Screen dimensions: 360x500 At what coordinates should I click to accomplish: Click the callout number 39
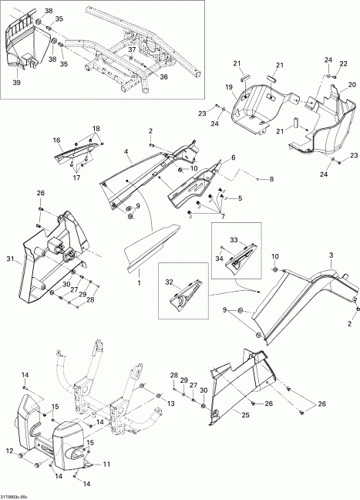tap(16, 83)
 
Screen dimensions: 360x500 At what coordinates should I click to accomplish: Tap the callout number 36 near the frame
tap(163, 77)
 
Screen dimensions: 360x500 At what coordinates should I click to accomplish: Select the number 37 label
tap(132, 49)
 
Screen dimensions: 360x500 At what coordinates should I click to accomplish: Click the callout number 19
tap(229, 87)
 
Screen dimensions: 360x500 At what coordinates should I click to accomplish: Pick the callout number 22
tap(343, 64)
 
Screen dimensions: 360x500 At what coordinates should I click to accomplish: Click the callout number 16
tap(56, 140)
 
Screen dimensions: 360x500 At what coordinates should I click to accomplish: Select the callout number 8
tap(271, 180)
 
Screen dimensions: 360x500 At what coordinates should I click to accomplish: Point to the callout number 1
tap(139, 282)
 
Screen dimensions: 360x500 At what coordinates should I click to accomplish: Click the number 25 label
tap(245, 415)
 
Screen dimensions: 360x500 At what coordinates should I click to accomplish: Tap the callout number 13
tap(171, 404)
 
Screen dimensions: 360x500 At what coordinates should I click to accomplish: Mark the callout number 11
tap(106, 465)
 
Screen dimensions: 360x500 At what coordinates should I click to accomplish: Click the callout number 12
tap(9, 451)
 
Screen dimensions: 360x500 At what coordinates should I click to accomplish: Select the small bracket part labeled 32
tap(186, 294)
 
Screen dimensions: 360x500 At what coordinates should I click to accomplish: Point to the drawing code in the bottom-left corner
tap(14, 497)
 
